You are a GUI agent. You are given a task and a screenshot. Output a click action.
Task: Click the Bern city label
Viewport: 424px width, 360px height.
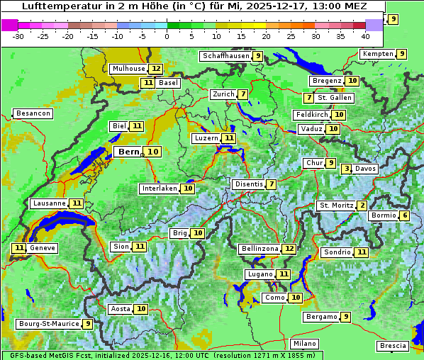[128, 152]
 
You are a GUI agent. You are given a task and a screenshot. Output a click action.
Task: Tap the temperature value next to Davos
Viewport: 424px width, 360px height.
[346, 169]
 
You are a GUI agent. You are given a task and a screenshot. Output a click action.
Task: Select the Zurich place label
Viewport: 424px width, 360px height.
[223, 94]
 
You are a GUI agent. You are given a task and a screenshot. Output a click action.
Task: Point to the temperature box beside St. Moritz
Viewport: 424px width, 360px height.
[362, 206]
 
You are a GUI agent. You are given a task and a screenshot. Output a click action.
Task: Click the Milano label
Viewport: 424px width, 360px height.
[305, 344]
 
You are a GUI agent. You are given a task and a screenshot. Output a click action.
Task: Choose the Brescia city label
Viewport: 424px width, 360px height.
[394, 346]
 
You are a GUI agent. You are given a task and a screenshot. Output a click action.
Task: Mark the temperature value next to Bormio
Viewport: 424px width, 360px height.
[404, 215]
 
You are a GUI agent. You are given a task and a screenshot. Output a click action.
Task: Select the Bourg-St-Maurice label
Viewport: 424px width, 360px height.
[48, 324]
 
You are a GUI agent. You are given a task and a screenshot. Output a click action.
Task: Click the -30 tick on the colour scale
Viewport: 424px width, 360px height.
[18, 36]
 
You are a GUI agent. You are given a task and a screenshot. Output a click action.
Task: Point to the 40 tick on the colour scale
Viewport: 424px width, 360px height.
[365, 36]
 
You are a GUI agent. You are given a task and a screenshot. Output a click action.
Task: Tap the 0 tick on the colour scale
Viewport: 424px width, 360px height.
[167, 36]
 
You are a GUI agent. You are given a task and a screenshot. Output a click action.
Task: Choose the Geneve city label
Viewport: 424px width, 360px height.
[42, 248]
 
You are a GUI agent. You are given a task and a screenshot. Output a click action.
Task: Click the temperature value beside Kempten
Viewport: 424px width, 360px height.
[401, 54]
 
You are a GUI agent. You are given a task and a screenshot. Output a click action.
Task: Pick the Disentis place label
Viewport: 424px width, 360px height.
[248, 184]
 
